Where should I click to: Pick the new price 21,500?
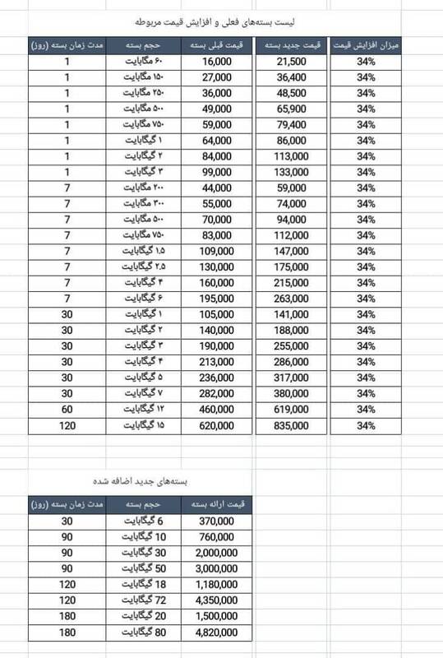(x=293, y=62)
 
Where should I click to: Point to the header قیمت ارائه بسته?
(x=216, y=503)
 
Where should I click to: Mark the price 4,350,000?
(x=216, y=600)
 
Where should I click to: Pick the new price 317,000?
(x=293, y=378)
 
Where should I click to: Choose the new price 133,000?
(x=293, y=172)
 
